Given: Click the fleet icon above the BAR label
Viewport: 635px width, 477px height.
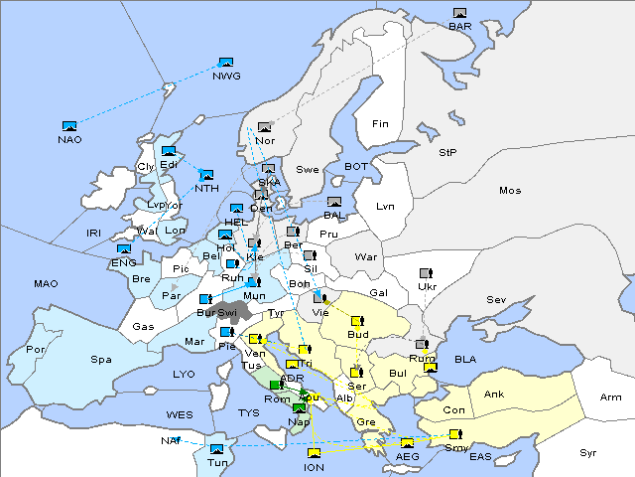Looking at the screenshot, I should coord(459,13).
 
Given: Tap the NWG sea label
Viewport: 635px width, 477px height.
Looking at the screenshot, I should coord(226,76).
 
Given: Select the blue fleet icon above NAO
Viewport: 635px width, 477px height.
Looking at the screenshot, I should coord(69,126).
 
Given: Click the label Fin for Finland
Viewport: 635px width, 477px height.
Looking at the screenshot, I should coord(379,124).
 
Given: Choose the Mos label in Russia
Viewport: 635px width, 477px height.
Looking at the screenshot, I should coord(510,190).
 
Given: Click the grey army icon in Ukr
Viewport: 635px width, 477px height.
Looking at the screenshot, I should coord(427,273).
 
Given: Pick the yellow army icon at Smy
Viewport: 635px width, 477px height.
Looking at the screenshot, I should coord(455,434).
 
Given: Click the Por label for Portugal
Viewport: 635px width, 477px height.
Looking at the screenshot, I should coord(36,350).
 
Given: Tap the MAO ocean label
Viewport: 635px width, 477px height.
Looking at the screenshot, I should coord(46,284).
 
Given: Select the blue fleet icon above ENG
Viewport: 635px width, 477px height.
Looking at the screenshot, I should coord(124,249).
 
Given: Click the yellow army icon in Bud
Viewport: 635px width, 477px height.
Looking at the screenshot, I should coord(358,321).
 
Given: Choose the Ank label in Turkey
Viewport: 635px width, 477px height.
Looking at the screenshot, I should coord(493,394).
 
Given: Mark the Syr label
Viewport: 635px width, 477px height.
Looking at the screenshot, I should coord(588,452).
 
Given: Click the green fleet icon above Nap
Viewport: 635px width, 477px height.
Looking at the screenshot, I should coord(299,408).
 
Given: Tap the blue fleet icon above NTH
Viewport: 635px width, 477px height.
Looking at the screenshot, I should coord(206,175).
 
